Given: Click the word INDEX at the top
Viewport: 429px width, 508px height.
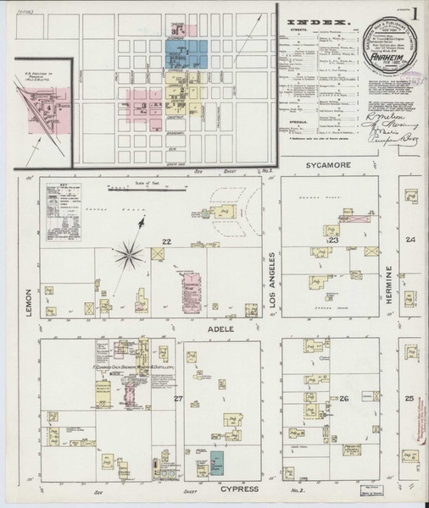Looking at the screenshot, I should (x=320, y=21).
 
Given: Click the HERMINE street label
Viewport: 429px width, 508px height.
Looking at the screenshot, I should (x=390, y=285).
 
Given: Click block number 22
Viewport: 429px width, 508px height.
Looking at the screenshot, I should (x=167, y=242).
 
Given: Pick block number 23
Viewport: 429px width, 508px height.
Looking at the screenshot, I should (x=333, y=241).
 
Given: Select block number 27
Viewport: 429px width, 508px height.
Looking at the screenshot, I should (x=178, y=398).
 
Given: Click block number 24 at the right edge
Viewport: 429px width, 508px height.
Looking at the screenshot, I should (x=410, y=240).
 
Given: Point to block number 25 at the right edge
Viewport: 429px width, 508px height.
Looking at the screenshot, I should (x=410, y=398).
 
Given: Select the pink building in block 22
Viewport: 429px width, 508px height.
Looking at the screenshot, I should (x=188, y=288).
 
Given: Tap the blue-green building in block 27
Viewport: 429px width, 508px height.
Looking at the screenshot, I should (x=217, y=461).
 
